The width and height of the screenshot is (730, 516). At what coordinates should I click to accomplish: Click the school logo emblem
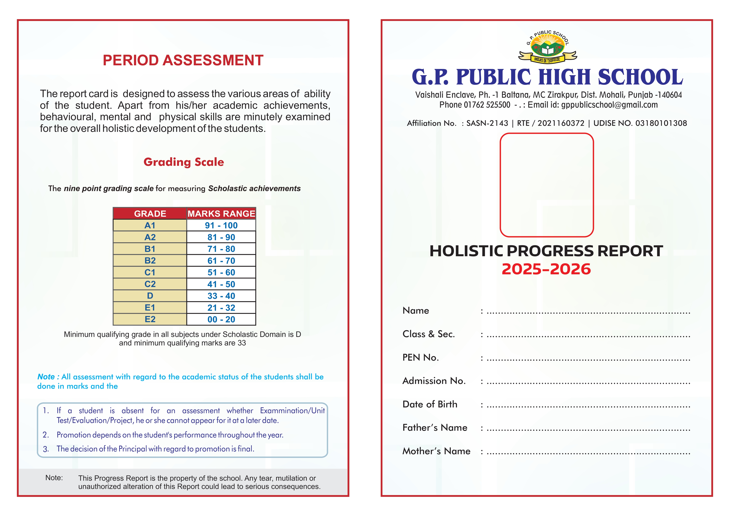click(547, 47)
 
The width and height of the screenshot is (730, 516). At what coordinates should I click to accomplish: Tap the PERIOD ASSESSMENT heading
click(183, 60)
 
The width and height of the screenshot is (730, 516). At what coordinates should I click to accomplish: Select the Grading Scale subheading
click(184, 162)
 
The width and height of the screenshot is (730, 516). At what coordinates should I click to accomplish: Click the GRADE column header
click(150, 214)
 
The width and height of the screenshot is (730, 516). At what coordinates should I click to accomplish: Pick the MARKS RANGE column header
click(221, 214)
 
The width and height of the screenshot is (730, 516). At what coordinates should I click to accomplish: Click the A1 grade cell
click(150, 226)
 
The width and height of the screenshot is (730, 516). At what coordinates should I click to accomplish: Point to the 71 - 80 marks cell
click(221, 249)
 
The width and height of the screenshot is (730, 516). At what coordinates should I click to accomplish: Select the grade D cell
click(150, 296)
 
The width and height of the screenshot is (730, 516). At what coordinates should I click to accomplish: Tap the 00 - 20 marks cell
click(221, 319)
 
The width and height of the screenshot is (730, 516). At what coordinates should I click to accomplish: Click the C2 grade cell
click(150, 284)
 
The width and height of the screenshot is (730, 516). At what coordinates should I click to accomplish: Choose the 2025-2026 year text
click(546, 269)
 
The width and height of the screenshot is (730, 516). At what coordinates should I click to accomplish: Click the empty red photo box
click(546, 185)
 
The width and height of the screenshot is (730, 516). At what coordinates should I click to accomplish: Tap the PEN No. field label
click(420, 358)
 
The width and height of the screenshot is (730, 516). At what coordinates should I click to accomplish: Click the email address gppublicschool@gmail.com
click(609, 105)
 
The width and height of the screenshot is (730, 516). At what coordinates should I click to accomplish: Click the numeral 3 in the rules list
click(46, 449)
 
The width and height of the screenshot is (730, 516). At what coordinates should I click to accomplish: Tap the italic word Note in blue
click(46, 377)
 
